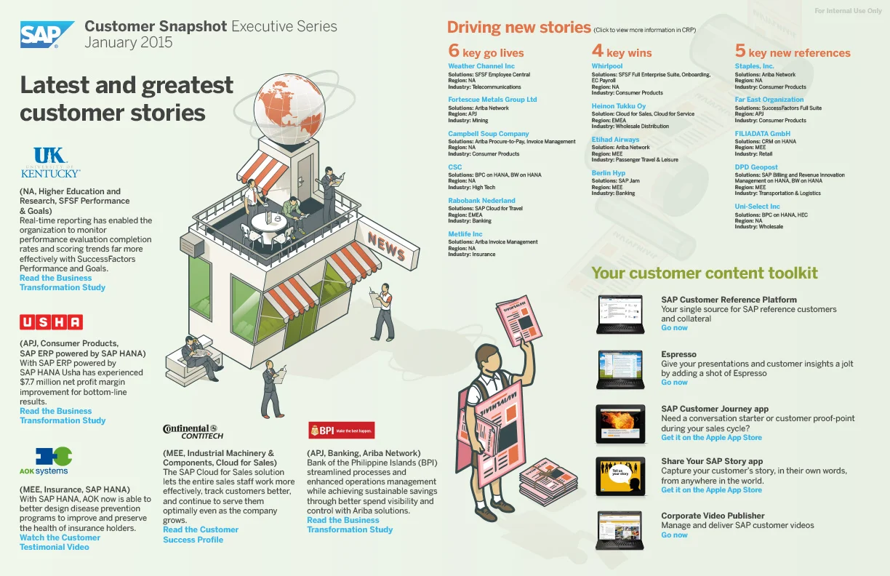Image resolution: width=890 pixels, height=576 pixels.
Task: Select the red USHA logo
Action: [51, 322]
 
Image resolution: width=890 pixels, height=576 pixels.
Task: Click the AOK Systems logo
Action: [44, 461]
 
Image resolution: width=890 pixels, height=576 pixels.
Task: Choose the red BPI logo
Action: [341, 431]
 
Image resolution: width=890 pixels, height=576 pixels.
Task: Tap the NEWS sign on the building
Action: [387, 247]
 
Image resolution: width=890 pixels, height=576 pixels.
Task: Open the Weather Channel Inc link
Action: [481, 66]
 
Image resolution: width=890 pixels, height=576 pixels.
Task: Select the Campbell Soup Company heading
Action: [488, 134]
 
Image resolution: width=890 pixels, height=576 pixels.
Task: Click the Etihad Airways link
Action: [615, 139]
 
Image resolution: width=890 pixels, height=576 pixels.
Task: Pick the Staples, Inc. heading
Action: [754, 66]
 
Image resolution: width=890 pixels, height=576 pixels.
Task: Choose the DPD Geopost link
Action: [756, 167]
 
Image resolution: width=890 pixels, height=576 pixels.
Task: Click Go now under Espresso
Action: [674, 383]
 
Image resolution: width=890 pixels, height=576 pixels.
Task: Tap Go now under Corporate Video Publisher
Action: [674, 535]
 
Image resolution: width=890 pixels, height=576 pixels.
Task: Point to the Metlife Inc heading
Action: [465, 234]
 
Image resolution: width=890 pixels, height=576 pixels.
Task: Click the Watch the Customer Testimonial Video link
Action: [60, 543]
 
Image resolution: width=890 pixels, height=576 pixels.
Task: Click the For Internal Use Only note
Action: [848, 11]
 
